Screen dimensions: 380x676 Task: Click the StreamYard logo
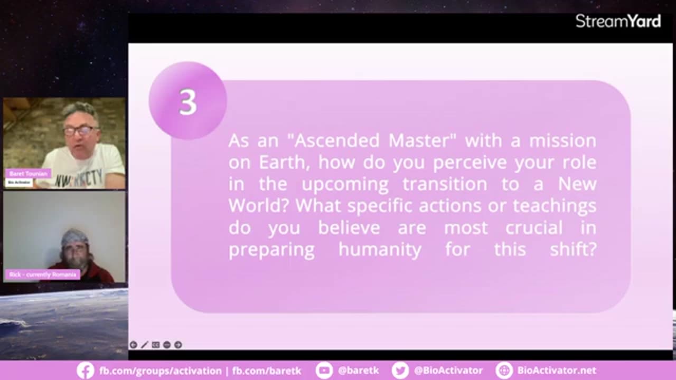point(618,21)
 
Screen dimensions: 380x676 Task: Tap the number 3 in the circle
point(187,102)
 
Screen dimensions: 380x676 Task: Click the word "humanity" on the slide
point(380,249)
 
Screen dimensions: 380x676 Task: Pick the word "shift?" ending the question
point(573,249)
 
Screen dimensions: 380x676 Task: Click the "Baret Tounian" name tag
point(29,174)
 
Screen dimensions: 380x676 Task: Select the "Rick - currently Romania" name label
point(43,274)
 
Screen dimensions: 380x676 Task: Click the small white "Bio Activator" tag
point(19,182)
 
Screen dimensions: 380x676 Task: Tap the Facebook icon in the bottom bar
point(85,370)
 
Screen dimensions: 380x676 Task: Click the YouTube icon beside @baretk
point(324,370)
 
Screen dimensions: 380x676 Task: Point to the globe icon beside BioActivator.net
point(504,370)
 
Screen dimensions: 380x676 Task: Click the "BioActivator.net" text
point(556,370)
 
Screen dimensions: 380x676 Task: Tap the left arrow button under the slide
point(133,345)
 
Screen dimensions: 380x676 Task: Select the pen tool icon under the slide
point(144,345)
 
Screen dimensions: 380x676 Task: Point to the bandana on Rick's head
point(74,236)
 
